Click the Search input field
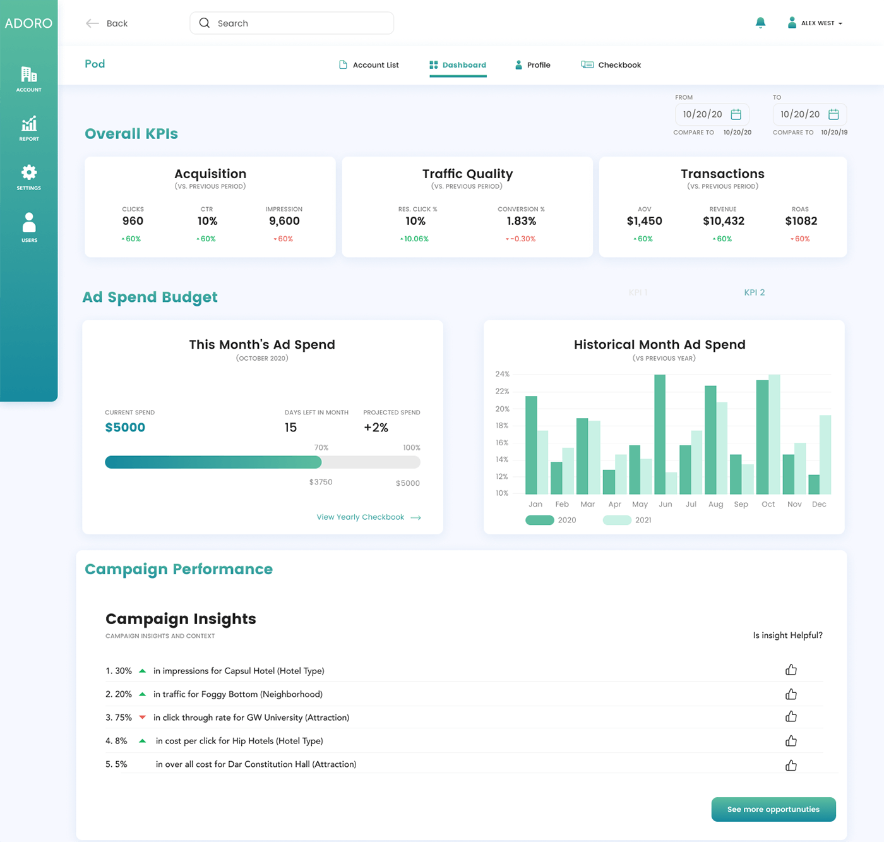click(x=291, y=23)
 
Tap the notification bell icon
click(x=760, y=23)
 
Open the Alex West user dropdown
click(x=815, y=23)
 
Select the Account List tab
click(x=369, y=65)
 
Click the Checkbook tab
click(x=611, y=65)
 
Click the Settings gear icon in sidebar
click(x=29, y=172)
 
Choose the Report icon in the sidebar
click(x=29, y=123)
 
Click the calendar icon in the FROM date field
click(x=736, y=114)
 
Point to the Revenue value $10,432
click(x=724, y=221)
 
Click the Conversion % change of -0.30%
click(x=521, y=239)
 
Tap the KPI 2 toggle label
click(x=755, y=292)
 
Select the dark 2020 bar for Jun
click(x=660, y=435)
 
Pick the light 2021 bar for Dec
click(x=825, y=455)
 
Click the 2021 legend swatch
click(x=617, y=520)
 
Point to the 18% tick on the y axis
click(x=502, y=426)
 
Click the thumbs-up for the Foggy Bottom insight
click(x=791, y=694)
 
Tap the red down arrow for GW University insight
click(x=143, y=717)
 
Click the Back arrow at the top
click(x=92, y=23)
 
